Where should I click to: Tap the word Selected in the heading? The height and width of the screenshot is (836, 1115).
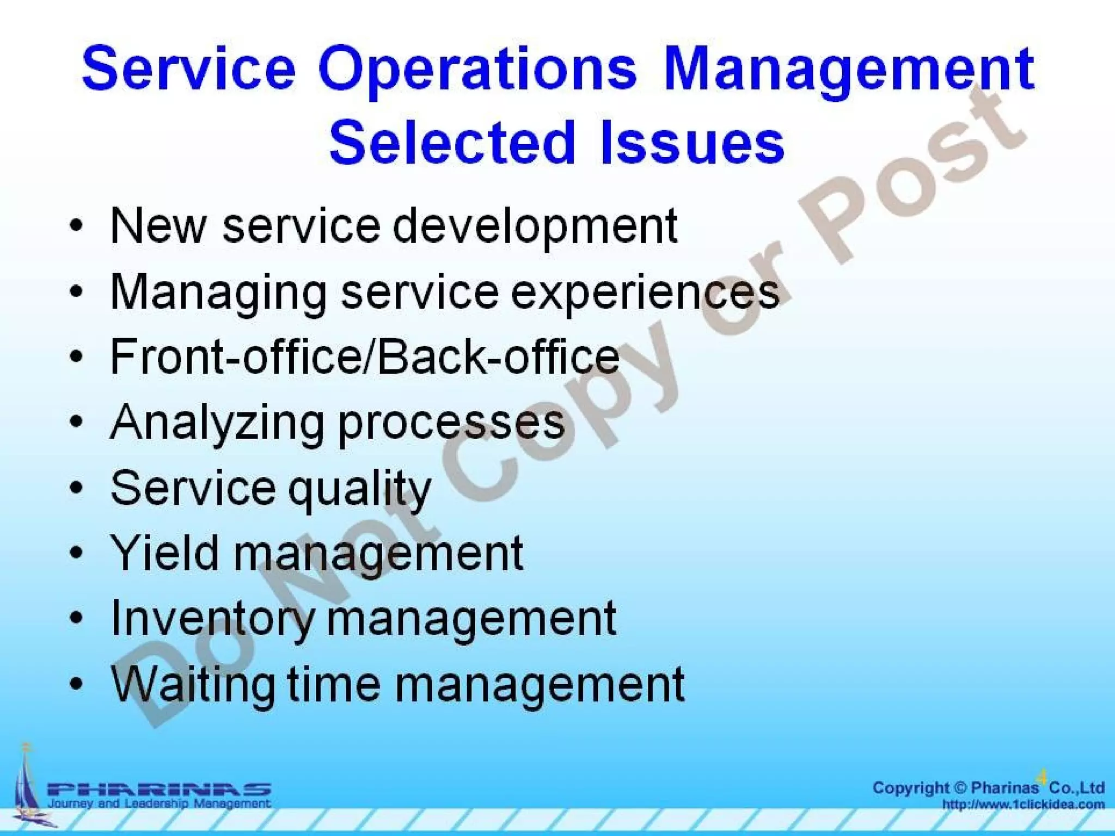(452, 142)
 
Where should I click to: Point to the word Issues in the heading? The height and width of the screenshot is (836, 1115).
(692, 142)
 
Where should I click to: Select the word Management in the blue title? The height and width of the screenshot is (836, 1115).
(849, 69)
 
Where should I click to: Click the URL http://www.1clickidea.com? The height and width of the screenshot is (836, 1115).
(1023, 804)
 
